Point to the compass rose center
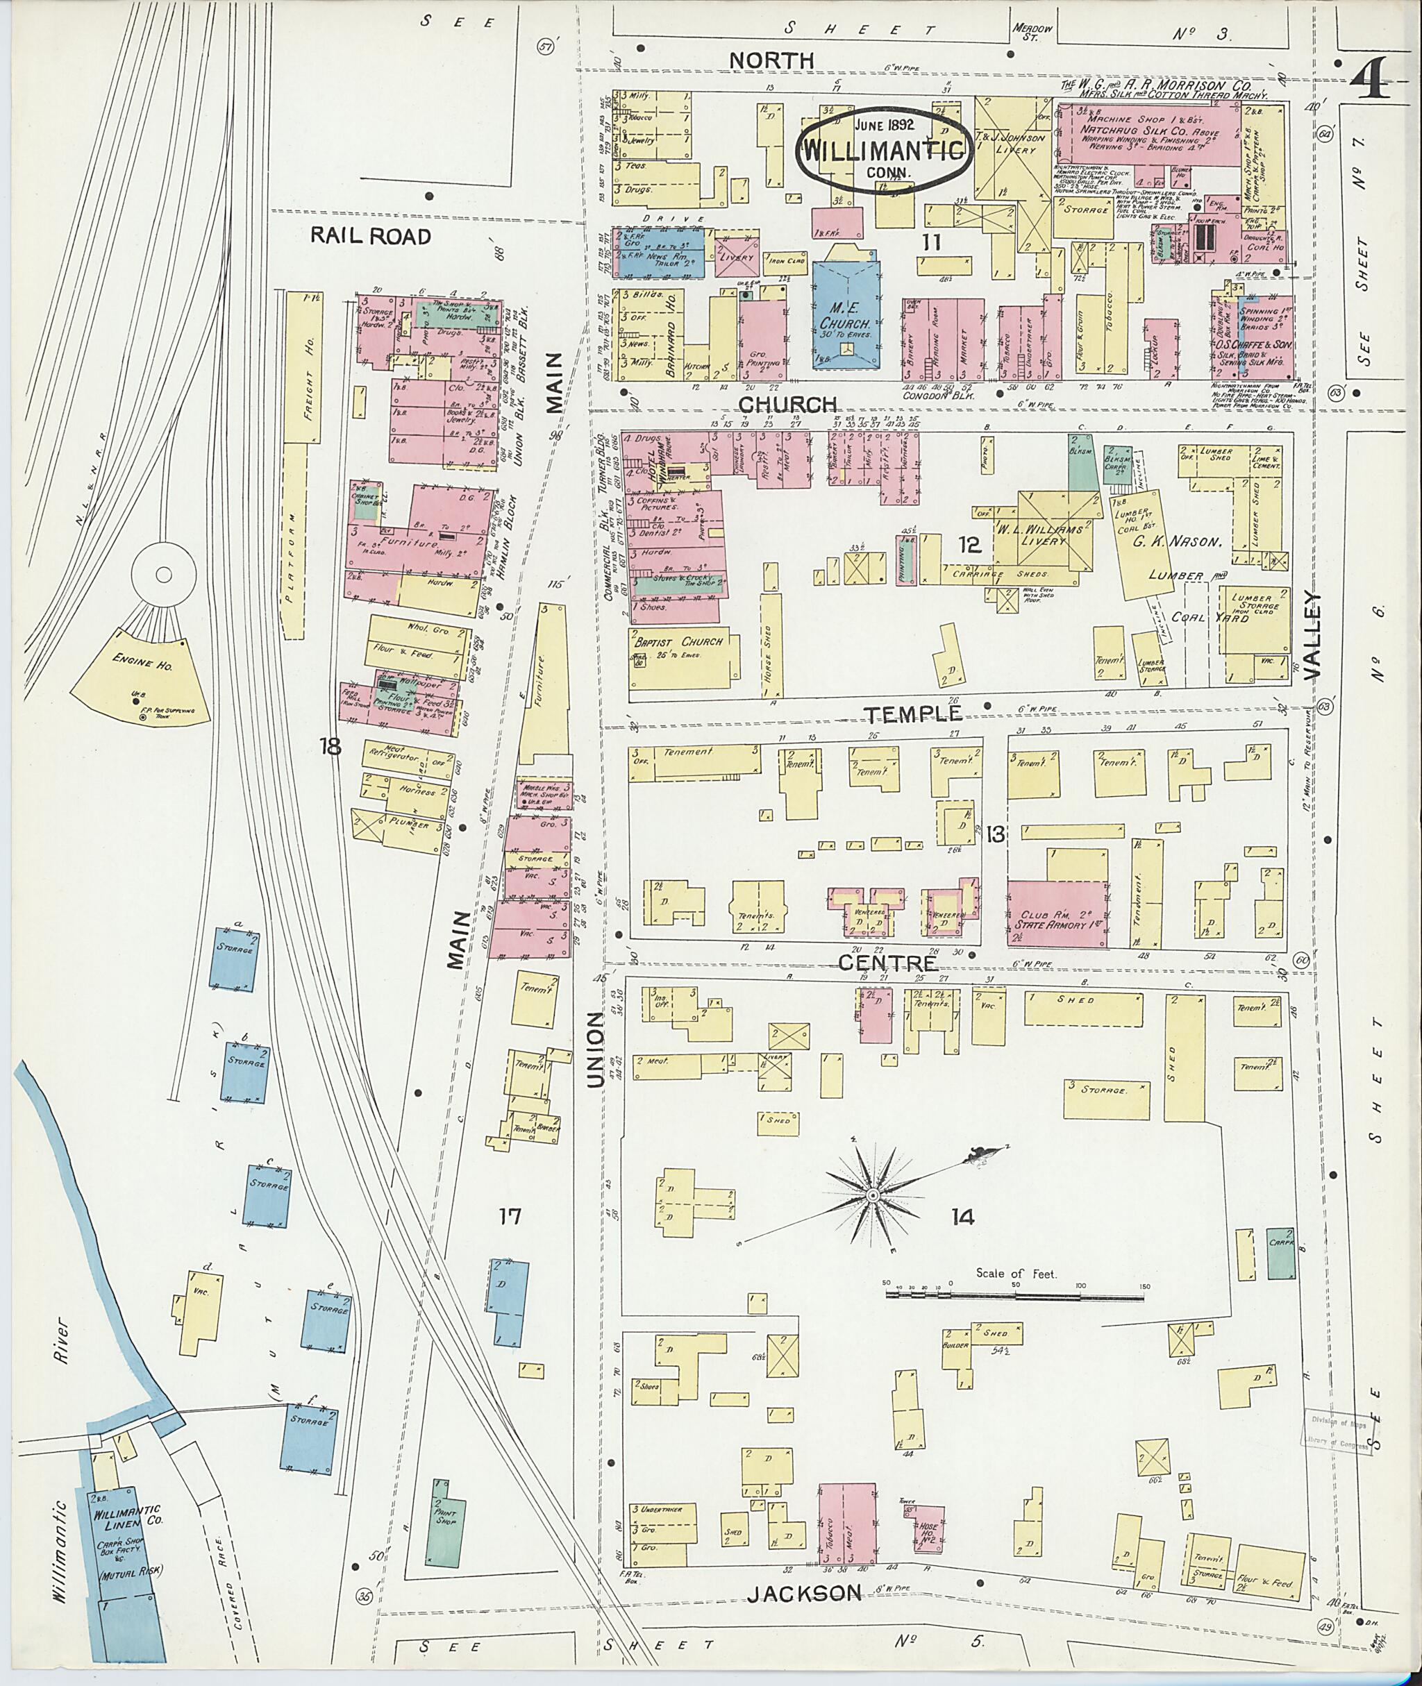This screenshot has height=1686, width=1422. (871, 1197)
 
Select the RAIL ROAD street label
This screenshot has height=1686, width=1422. (371, 235)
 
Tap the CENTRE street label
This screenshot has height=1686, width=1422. (888, 962)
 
